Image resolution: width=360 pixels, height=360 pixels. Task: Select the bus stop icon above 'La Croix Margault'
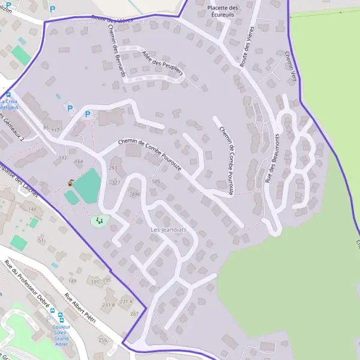(8, 95)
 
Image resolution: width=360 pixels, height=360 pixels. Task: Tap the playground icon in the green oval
(100, 221)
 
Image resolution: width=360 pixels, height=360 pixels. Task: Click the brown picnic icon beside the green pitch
(71, 182)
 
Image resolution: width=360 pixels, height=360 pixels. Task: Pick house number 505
(157, 181)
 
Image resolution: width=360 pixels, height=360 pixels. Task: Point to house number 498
(135, 195)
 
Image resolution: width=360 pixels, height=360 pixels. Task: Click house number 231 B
(109, 305)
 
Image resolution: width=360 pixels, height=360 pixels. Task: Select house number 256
(103, 340)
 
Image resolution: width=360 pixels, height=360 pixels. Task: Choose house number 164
(79, 161)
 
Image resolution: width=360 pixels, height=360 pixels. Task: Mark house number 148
(32, 209)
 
